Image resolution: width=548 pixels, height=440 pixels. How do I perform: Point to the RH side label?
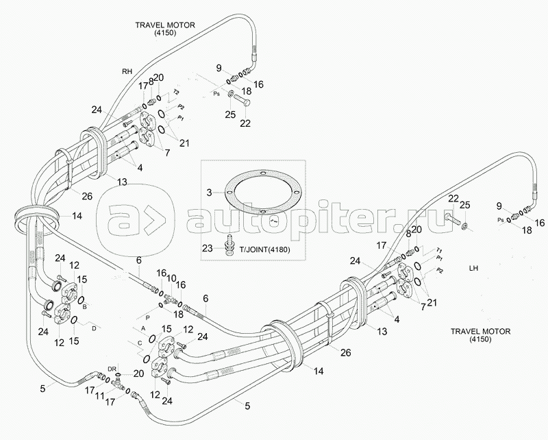127,71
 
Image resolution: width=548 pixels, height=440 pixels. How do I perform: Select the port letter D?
95,328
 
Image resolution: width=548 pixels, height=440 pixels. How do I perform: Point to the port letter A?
135,329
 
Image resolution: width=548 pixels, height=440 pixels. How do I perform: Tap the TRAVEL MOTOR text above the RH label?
166,26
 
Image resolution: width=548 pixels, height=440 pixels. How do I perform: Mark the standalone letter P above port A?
146,318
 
